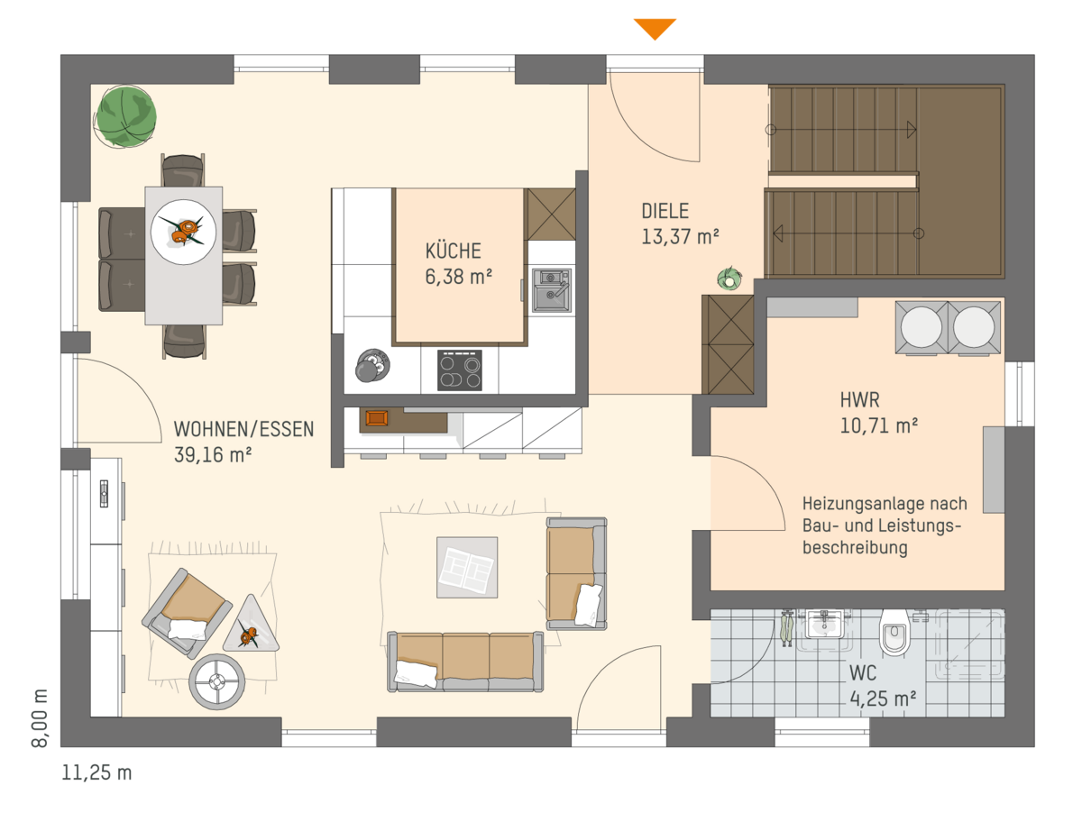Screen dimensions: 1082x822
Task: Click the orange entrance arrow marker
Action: point(655,29)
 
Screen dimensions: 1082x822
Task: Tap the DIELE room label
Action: point(665,211)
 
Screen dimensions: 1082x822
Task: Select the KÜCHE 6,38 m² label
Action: point(458,263)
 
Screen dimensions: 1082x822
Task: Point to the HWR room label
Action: point(859,400)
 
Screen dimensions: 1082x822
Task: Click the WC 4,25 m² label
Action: point(883,686)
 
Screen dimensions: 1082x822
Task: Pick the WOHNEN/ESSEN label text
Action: point(243,429)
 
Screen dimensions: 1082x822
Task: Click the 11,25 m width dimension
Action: point(96,772)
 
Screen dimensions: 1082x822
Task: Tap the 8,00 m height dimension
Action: point(40,717)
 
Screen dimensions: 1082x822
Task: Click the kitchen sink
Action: point(552,290)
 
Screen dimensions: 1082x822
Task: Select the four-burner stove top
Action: point(460,370)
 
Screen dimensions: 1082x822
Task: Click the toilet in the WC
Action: point(894,633)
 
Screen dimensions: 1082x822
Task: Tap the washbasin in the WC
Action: point(824,624)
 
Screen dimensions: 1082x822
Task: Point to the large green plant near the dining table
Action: point(125,117)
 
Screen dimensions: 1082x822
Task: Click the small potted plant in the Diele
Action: point(729,279)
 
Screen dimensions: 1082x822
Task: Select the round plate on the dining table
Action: point(183,232)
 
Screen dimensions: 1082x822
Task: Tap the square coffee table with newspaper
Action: point(467,567)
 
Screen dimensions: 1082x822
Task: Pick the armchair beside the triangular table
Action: point(188,614)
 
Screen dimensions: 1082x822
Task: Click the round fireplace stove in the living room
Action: point(217,681)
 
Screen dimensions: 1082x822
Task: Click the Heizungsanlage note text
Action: point(885,525)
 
